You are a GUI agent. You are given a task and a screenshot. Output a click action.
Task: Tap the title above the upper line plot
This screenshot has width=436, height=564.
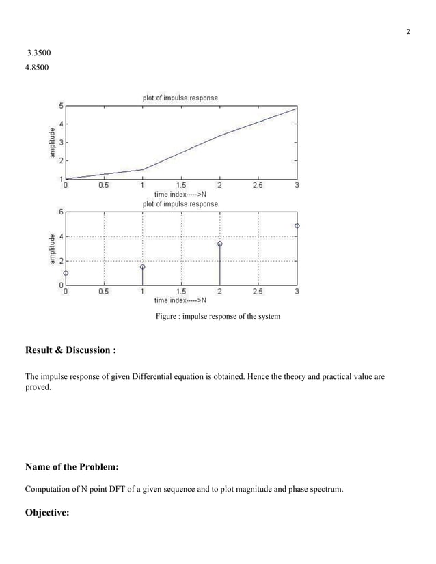coord(180,98)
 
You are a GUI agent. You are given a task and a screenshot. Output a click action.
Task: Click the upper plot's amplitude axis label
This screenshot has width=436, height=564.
coord(51,142)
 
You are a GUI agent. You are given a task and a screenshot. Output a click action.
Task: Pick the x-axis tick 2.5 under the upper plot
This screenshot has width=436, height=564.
coord(258,184)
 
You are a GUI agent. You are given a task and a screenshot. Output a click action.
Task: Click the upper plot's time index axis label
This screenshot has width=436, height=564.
coord(180,194)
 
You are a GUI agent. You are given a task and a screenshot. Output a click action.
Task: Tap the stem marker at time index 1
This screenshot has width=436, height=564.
coord(142,267)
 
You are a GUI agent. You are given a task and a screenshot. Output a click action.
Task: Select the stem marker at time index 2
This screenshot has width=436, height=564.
coord(219,243)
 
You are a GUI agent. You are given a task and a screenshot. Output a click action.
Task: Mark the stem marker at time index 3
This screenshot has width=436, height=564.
coord(297,225)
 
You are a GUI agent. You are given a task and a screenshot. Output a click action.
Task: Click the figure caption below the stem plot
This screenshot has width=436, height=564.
coord(217,316)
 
